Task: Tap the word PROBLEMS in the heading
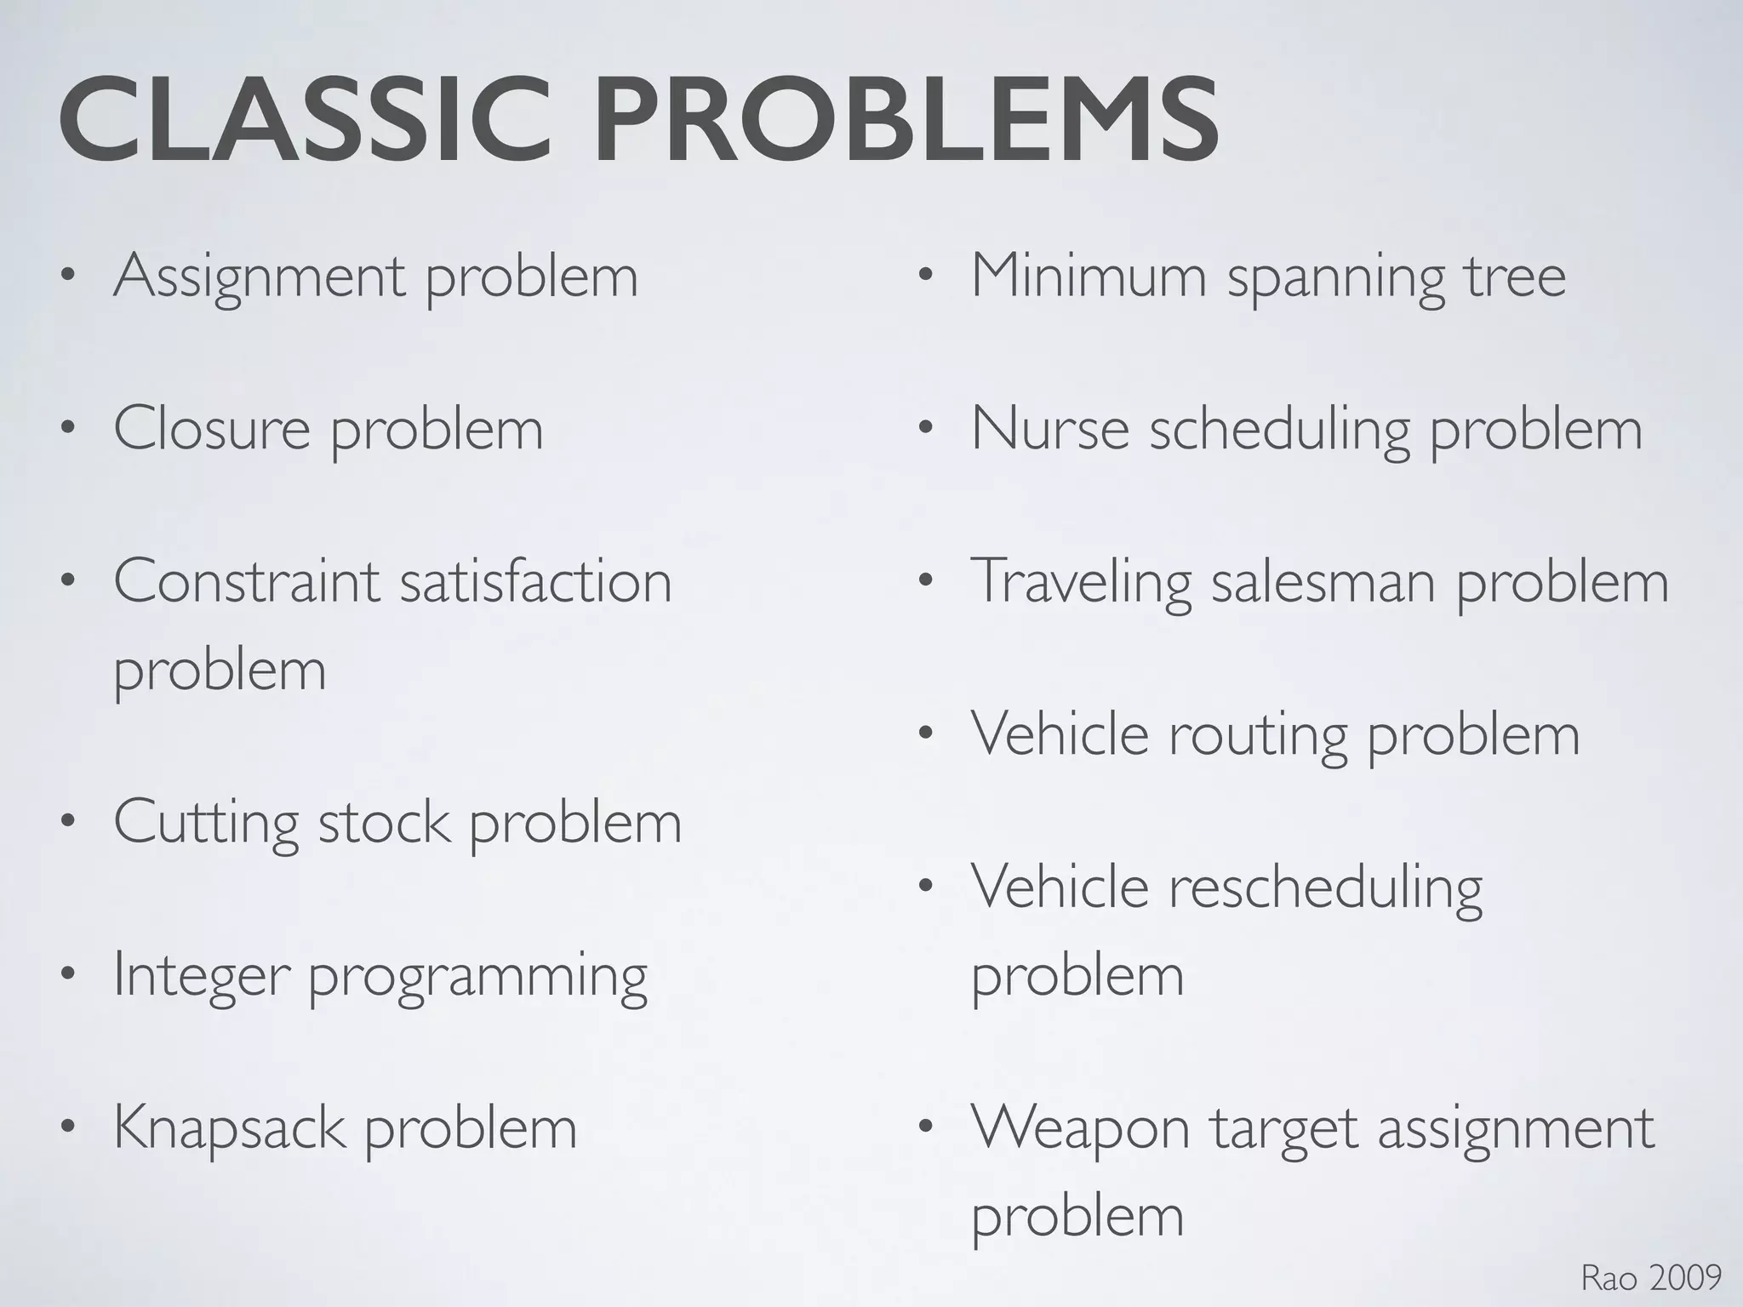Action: [x=906, y=121]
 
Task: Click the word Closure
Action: [x=212, y=428]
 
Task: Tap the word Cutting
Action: [x=206, y=824]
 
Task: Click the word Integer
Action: [x=201, y=977]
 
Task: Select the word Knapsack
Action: [x=230, y=1130]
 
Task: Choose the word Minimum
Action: [x=1089, y=276]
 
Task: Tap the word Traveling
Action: [x=1082, y=584]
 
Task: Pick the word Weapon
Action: [x=1081, y=1130]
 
